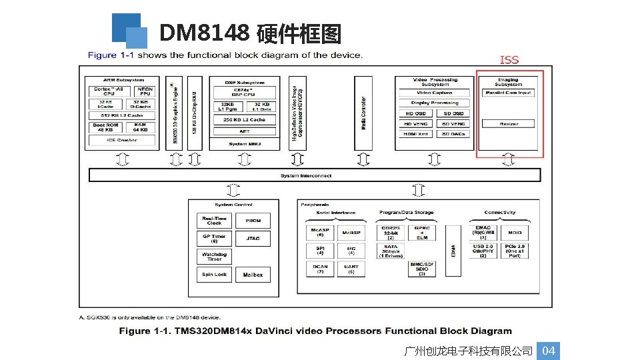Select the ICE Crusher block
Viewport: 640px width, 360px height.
point(122,140)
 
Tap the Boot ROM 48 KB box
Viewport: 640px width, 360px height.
point(105,127)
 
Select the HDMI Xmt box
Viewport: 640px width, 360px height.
point(416,134)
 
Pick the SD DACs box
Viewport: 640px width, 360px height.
point(453,134)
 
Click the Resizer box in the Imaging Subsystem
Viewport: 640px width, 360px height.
point(509,124)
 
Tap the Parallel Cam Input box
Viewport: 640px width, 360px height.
point(509,93)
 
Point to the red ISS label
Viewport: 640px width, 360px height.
point(509,60)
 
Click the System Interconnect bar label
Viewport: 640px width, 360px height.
point(315,175)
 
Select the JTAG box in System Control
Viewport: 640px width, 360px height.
point(253,238)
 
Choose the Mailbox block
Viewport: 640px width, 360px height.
point(253,275)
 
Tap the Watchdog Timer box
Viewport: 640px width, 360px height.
point(214,256)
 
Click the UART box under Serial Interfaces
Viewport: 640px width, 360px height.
point(351,269)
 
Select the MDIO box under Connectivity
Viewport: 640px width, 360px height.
point(515,233)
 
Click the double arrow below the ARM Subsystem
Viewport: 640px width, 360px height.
point(123,159)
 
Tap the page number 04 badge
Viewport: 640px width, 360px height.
point(548,351)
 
